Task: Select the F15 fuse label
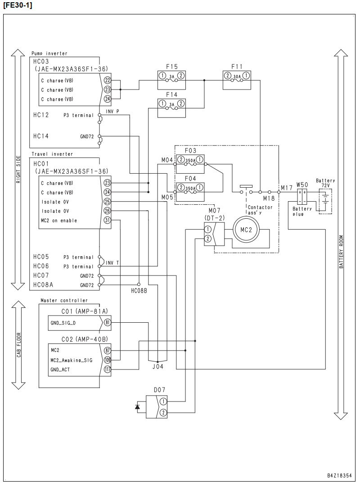(172, 67)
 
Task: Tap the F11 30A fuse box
(237, 80)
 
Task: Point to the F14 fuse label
(172, 95)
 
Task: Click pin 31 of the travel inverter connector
(107, 220)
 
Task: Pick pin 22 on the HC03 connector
(107, 80)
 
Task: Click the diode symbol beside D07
(137, 406)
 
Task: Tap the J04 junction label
(158, 366)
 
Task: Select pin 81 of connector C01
(107, 322)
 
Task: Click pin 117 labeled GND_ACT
(107, 369)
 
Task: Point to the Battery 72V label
(325, 183)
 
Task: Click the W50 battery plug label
(302, 185)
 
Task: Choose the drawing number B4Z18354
(339, 475)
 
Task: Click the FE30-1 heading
(18, 5)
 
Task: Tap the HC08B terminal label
(139, 291)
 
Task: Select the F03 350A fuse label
(190, 151)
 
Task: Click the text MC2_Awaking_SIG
(72, 360)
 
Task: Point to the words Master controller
(64, 300)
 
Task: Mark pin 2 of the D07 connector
(163, 413)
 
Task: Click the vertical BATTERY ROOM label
(341, 252)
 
